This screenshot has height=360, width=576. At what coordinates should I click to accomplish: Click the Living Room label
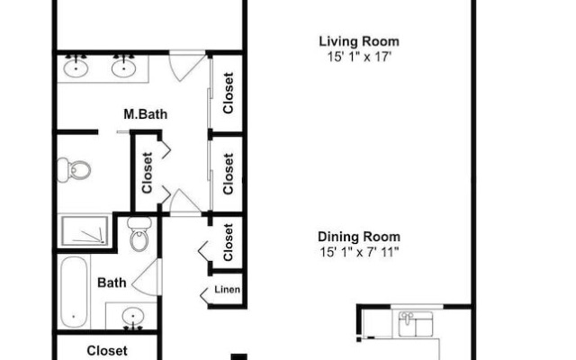click(359, 41)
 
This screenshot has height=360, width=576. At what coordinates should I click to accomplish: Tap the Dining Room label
click(359, 237)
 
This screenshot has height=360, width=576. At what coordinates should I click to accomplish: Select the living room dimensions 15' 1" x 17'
click(359, 57)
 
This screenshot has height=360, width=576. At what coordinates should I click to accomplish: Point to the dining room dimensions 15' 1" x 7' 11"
click(359, 252)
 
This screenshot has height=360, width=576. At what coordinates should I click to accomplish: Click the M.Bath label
click(146, 114)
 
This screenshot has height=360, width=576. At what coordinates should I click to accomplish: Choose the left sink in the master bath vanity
click(76, 68)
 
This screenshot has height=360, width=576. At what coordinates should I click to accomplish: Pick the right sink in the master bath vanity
click(124, 68)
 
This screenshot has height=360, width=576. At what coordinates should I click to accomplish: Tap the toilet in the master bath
click(74, 170)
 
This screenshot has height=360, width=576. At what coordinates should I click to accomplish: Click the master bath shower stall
click(85, 231)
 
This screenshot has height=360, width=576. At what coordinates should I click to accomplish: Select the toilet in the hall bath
click(139, 234)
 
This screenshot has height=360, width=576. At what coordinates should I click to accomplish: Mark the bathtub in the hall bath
click(74, 292)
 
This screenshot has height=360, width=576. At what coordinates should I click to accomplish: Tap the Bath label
click(112, 283)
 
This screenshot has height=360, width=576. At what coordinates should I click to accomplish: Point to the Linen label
click(227, 290)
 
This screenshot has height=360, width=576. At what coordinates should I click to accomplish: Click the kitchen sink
click(416, 324)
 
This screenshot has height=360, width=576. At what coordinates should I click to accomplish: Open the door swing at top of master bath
click(186, 66)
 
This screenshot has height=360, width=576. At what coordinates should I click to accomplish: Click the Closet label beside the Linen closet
click(228, 242)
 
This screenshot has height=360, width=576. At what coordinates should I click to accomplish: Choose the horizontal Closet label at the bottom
click(107, 351)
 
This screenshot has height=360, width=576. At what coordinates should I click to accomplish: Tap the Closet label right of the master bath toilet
click(147, 173)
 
